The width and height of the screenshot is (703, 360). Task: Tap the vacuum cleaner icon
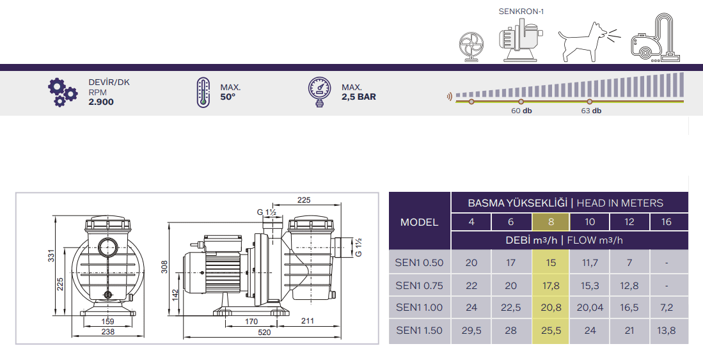[x=656, y=38]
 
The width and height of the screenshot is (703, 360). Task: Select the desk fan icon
[x=471, y=47]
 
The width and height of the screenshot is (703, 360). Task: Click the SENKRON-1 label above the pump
[x=521, y=12]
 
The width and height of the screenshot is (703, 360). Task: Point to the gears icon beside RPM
[x=62, y=92]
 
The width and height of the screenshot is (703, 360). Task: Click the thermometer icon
[x=203, y=92]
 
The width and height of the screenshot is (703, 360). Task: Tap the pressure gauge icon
[x=320, y=92]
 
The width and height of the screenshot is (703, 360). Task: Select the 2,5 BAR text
[x=359, y=97]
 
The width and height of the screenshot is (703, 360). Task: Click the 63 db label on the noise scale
[x=591, y=111]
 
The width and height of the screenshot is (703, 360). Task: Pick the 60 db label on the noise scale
[x=521, y=111]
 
